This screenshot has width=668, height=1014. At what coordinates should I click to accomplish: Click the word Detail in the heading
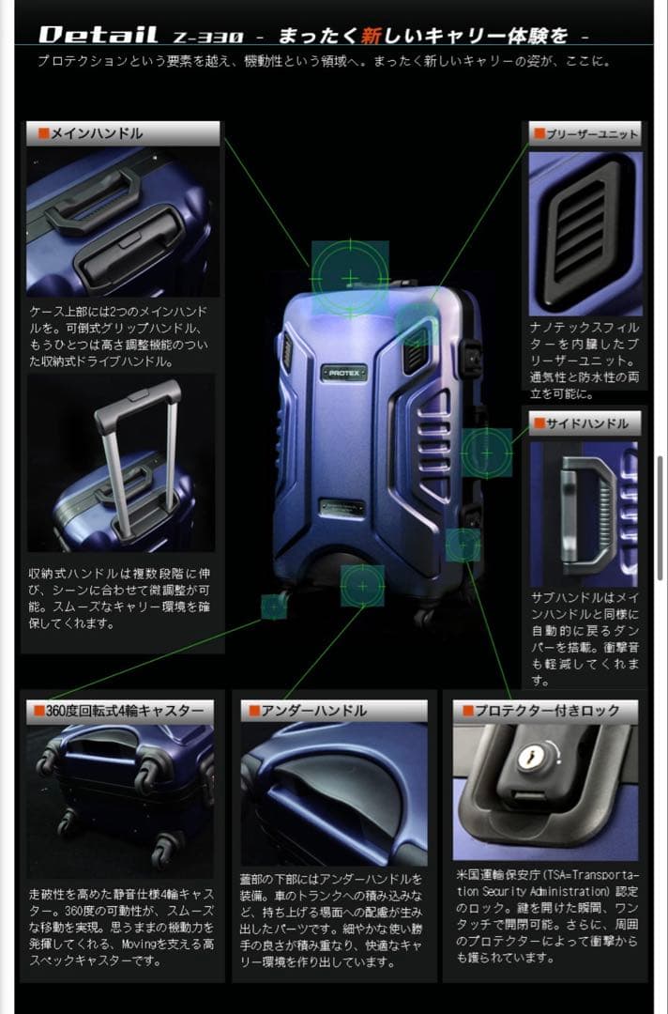point(99,36)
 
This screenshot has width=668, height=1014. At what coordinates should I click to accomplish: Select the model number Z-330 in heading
point(207,37)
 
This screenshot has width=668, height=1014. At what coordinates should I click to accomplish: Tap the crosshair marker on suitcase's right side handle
point(486,453)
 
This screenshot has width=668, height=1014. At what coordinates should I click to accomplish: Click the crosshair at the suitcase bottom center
point(362,586)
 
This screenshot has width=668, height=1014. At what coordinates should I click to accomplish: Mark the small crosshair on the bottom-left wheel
point(274,606)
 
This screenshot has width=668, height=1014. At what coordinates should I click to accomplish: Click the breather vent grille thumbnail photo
point(583,230)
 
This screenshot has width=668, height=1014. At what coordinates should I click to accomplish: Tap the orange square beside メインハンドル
point(43,133)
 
